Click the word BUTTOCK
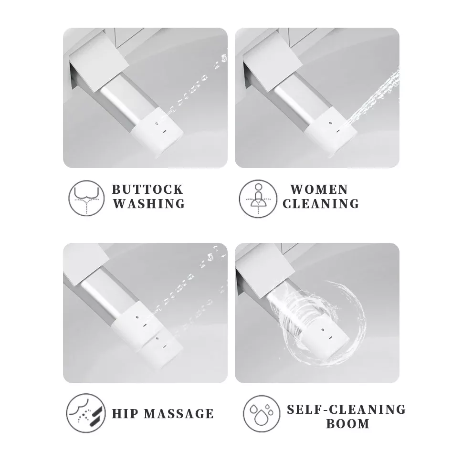click(147, 189)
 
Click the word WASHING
click(149, 204)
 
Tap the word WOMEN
click(319, 189)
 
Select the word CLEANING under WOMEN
click(321, 204)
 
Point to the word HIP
click(125, 414)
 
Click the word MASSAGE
click(179, 414)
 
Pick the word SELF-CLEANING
click(346, 409)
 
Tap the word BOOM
click(347, 424)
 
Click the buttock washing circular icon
click(87, 199)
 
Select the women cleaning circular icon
click(258, 199)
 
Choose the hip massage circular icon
click(86, 413)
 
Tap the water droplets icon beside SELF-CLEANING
click(262, 414)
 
